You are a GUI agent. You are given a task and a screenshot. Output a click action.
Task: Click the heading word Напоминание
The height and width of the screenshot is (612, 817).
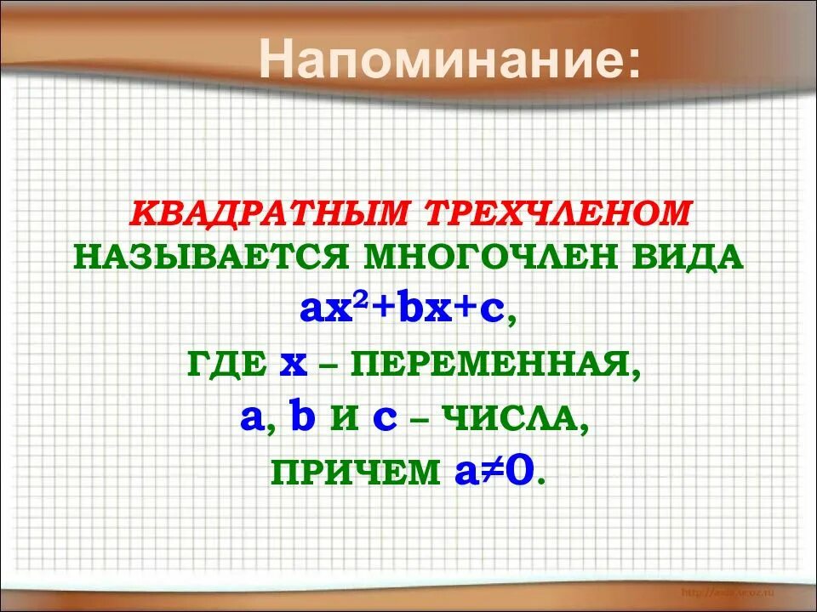click(451, 61)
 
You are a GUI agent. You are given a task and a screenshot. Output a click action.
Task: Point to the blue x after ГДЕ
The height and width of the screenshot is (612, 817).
click(294, 366)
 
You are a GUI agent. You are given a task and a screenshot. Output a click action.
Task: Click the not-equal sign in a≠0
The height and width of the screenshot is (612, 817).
click(491, 470)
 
